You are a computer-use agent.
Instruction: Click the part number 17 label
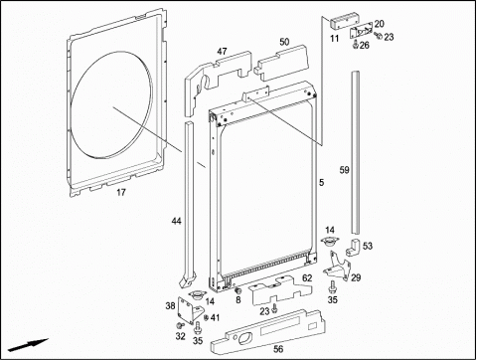tap(121, 192)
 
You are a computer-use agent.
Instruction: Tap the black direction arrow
tap(29, 345)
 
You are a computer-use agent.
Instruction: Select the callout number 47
tap(223, 51)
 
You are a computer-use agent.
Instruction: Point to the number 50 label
tap(284, 42)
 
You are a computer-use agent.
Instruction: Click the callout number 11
tap(335, 39)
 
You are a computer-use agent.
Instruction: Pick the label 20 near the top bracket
tap(380, 24)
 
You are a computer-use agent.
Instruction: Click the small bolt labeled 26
tap(356, 44)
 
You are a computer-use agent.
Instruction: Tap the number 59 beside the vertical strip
tap(345, 170)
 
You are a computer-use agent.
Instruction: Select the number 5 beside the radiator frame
tap(322, 182)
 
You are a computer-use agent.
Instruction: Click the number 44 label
tap(177, 221)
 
